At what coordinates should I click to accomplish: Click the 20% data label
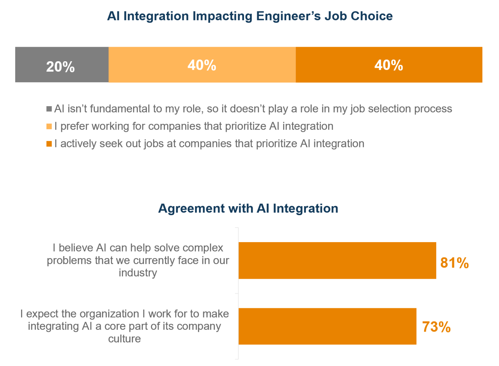click(60, 67)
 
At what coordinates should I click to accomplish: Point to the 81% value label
click(454, 263)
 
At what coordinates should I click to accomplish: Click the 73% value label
click(436, 327)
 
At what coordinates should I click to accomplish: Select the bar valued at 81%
click(337, 260)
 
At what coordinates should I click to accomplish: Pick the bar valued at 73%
click(327, 326)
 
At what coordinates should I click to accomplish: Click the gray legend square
click(49, 109)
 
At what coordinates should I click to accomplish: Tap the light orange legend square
click(49, 126)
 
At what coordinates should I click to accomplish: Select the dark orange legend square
click(49, 144)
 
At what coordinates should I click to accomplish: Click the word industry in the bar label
click(138, 273)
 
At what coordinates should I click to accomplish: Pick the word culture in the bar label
click(124, 339)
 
